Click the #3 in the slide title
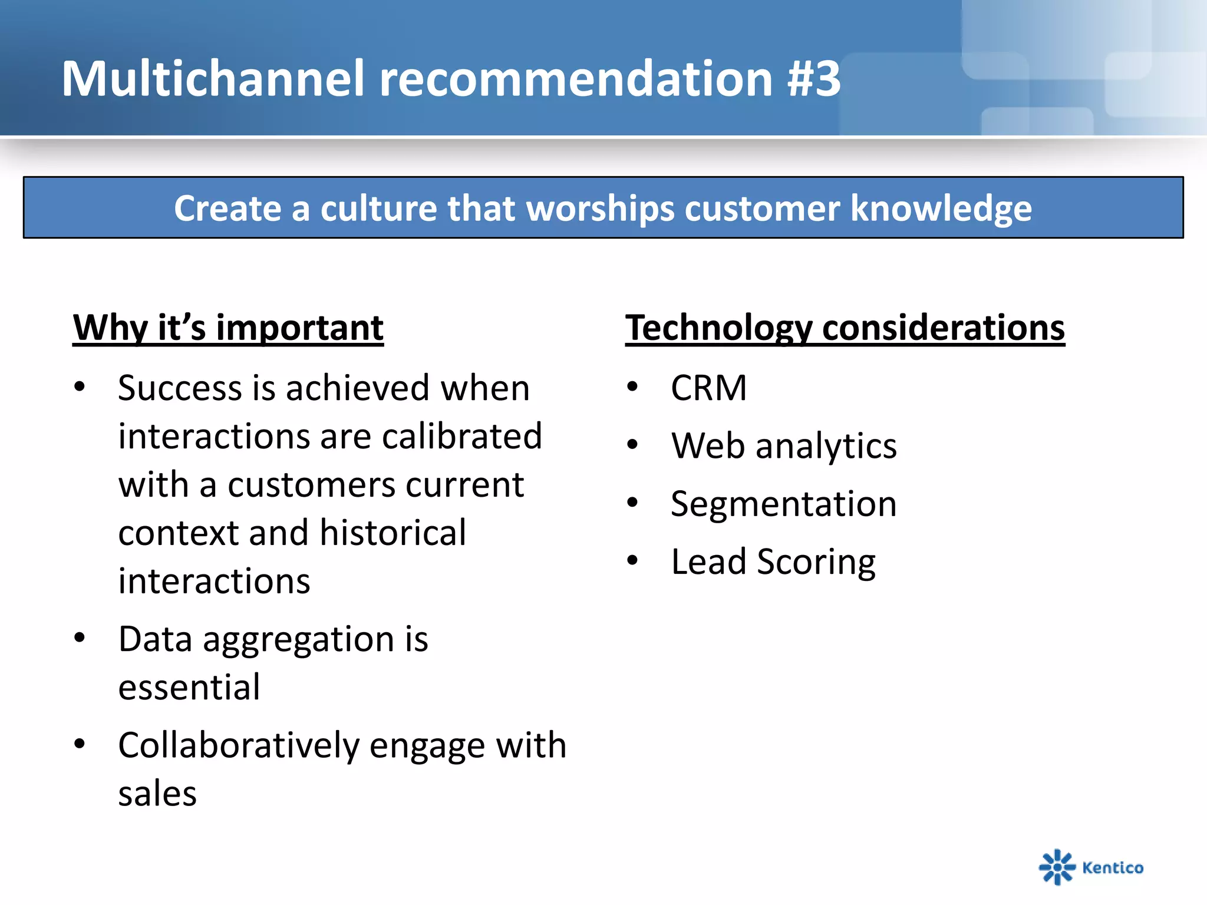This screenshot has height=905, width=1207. coord(813,79)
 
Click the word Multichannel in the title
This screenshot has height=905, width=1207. coord(212,79)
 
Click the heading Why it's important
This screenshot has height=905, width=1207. coord(228,328)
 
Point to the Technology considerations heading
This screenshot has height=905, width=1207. coord(845,328)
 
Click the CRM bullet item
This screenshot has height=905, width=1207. coord(708,388)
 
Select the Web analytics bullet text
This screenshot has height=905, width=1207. coord(784,446)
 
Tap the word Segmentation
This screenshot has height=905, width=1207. coord(783,504)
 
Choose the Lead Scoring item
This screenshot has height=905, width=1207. coord(773,562)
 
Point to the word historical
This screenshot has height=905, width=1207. coord(393,533)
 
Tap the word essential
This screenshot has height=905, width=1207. coord(189,688)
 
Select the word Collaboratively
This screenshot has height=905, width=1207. coord(239,746)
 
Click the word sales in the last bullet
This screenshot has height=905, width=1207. coord(157,794)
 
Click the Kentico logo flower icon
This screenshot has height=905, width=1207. coord(1057,867)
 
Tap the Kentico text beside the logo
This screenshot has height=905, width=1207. coord(1113,868)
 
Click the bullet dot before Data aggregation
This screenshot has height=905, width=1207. coord(80,638)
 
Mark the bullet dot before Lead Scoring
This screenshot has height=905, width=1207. coord(632,560)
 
